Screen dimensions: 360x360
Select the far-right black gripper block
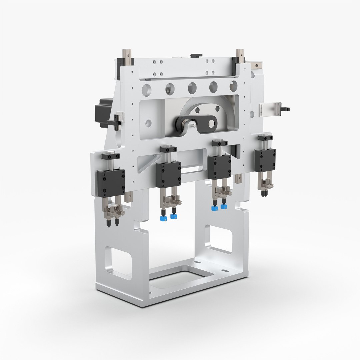[265, 160]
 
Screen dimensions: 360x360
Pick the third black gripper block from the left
[219, 167]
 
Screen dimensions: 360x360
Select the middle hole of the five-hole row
[192, 88]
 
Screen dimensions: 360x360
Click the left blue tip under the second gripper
[163, 218]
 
